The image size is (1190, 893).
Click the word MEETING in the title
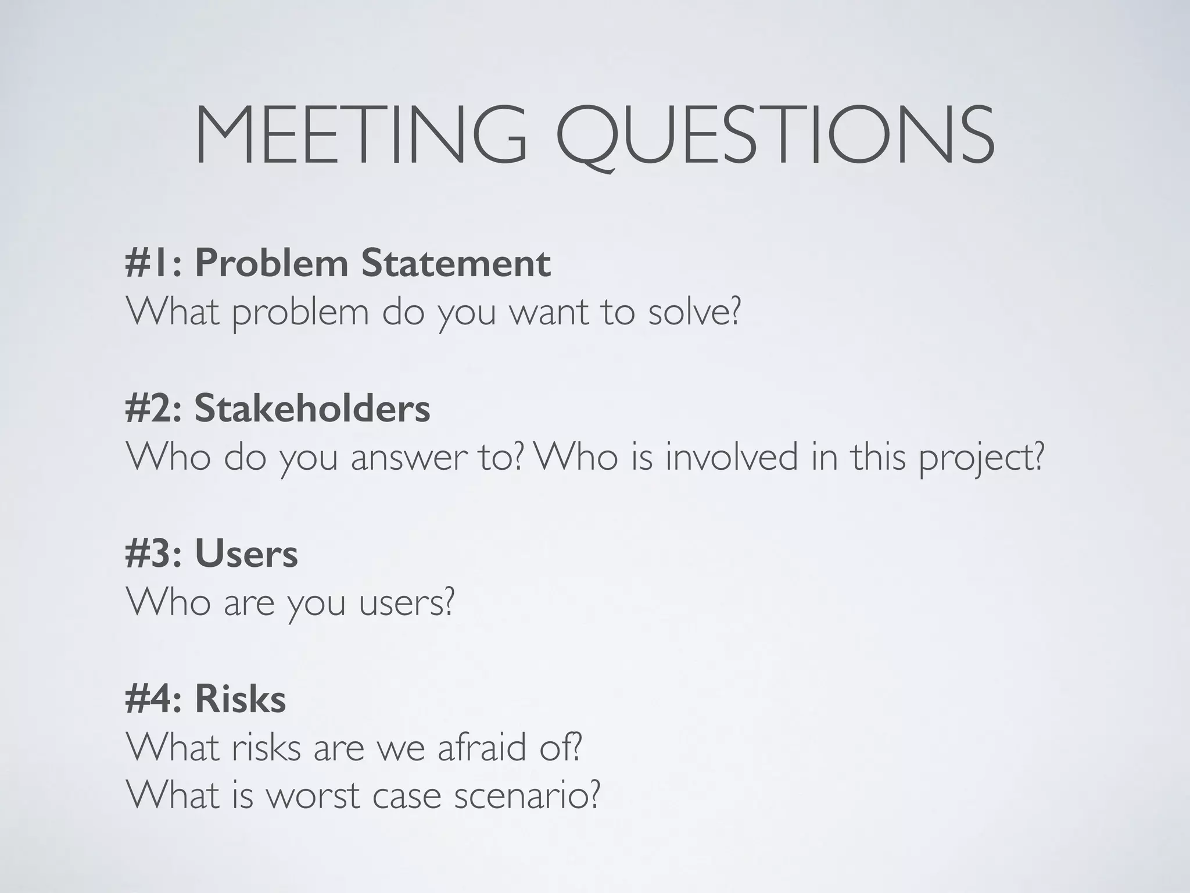click(360, 135)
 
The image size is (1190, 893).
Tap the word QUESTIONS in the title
click(775, 135)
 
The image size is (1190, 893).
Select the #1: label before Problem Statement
click(154, 263)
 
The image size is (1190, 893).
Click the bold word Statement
click(456, 263)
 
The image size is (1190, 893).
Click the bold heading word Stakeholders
click(312, 408)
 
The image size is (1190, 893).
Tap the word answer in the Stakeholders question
click(408, 457)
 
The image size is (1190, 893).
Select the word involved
click(732, 457)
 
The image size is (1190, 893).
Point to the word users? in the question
click(406, 602)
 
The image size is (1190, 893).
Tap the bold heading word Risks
click(240, 699)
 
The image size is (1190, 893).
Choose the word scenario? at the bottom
click(526, 795)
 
